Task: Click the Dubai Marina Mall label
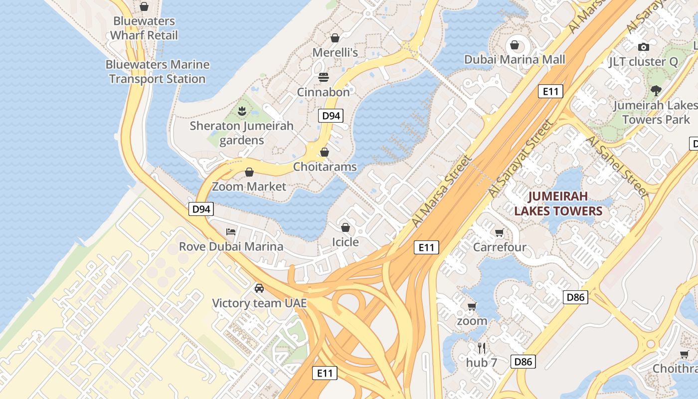tap(515, 60)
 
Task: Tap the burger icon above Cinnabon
tap(324, 77)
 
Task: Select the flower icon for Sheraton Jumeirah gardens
tap(242, 111)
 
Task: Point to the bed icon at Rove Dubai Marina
tap(231, 231)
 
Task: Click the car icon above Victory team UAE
tap(259, 288)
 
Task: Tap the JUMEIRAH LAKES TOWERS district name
tap(558, 203)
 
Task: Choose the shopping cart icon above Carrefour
tap(499, 232)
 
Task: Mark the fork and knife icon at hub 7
tap(482, 348)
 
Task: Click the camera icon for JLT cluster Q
tap(644, 47)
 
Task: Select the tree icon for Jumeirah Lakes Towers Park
tap(656, 90)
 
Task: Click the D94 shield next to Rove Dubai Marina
tap(201, 209)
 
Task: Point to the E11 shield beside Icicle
tap(426, 247)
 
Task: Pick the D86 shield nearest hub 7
tap(523, 362)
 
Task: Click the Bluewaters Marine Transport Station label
tap(157, 72)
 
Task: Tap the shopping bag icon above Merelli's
tap(335, 38)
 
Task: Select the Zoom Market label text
tap(249, 187)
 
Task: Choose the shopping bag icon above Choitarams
tap(325, 152)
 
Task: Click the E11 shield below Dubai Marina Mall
tap(551, 91)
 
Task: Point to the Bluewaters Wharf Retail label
tap(144, 28)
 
